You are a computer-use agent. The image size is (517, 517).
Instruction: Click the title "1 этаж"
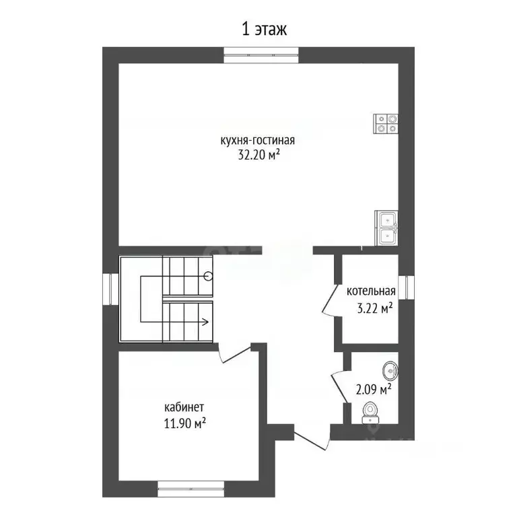[265, 29]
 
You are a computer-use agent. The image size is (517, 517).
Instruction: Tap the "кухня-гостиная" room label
[258, 141]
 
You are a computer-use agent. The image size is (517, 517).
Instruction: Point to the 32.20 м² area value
[258, 155]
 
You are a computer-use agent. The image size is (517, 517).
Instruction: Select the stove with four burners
[386, 124]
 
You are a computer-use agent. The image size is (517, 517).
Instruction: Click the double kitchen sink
[386, 228]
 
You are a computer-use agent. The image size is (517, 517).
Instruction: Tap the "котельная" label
[371, 291]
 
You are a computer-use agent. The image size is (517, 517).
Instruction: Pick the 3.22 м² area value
[375, 309]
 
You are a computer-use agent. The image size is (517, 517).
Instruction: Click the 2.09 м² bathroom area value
[374, 390]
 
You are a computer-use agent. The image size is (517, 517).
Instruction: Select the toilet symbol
[370, 413]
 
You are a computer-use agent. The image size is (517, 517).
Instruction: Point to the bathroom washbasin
[390, 371]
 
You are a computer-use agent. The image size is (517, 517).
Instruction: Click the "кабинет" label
[184, 407]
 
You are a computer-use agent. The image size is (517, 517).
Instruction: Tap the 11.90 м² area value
[185, 423]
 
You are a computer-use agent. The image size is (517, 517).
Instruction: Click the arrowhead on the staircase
[205, 322]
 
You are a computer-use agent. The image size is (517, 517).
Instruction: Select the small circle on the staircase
[208, 275]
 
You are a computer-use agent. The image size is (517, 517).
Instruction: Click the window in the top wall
[261, 55]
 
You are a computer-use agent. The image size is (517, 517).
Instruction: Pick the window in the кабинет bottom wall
[191, 489]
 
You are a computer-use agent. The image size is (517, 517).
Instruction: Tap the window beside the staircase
[110, 288]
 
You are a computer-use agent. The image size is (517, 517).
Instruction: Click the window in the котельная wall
[406, 287]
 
